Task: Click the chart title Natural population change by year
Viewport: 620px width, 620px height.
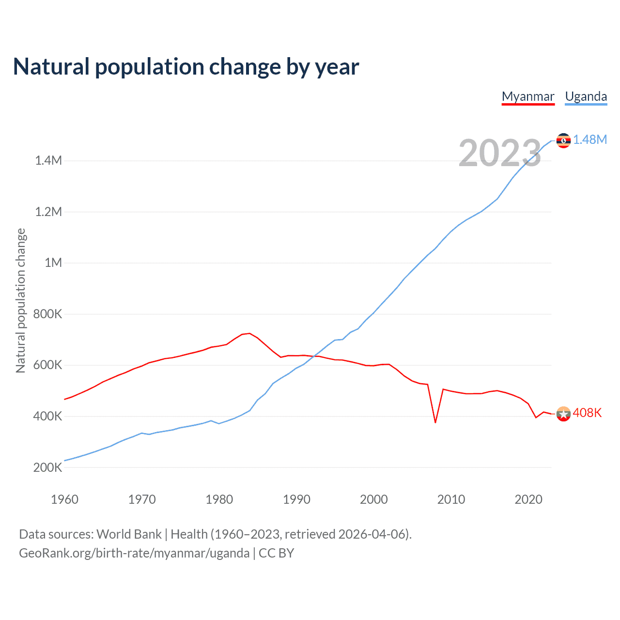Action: tap(186, 67)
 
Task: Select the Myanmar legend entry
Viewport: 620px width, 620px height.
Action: tap(528, 96)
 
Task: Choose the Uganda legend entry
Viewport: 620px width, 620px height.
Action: tap(586, 96)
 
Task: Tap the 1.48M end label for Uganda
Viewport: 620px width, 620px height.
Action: tap(590, 139)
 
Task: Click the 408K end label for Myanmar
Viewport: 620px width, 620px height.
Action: tap(587, 413)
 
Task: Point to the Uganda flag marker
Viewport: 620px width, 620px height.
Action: tap(563, 140)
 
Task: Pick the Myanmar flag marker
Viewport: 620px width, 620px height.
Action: tap(563, 414)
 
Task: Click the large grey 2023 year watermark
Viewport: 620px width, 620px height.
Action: tap(500, 153)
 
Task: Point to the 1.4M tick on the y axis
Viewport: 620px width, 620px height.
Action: tap(48, 160)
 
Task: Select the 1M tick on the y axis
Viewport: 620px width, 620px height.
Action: tap(53, 263)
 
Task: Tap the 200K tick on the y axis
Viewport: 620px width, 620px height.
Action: tap(47, 467)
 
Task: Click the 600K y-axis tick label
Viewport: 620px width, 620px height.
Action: tap(47, 365)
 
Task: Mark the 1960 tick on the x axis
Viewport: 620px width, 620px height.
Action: tap(64, 499)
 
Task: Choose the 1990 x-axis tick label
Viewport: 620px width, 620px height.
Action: tap(296, 499)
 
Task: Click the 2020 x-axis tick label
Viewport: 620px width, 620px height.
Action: tap(528, 499)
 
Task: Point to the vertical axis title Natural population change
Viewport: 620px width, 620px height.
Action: tap(21, 300)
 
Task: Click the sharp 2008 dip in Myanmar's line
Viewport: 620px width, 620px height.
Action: tap(435, 422)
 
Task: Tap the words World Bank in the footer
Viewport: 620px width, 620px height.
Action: tap(129, 534)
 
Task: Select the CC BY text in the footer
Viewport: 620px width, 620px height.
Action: tap(276, 553)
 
